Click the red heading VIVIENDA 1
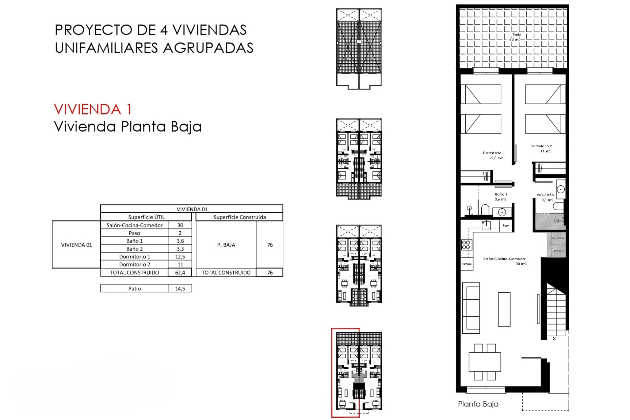93,109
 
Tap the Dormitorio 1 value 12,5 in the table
180,257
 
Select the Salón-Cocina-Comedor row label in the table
135,225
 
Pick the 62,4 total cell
180,272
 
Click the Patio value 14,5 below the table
180,288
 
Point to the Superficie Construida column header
240,217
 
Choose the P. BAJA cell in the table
226,245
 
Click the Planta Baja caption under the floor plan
478,404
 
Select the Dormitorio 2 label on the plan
541,148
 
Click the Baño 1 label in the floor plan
501,197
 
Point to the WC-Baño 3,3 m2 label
545,197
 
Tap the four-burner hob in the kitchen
466,245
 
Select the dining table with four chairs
485,362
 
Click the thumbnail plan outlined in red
346,372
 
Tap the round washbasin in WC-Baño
561,189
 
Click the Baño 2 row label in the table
135,249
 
